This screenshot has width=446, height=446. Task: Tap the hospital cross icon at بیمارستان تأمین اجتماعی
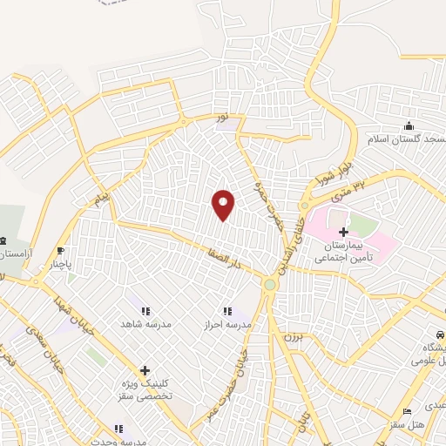point(343,232)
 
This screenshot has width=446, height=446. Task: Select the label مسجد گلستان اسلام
point(409,140)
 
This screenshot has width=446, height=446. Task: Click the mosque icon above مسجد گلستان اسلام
point(409,127)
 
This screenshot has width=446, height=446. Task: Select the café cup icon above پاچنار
point(60,250)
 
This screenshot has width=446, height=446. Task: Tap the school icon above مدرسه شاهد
point(145,311)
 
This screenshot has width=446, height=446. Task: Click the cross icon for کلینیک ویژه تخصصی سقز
point(145,371)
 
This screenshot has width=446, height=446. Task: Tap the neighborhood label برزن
point(291,334)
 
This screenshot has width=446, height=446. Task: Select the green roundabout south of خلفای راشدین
point(270,284)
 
